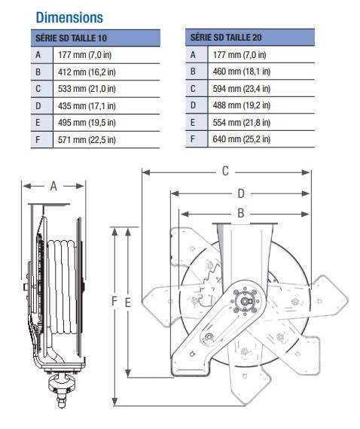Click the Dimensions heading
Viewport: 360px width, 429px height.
69,17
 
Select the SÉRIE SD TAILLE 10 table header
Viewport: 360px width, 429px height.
71,38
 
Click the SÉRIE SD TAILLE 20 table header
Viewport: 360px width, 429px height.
226,37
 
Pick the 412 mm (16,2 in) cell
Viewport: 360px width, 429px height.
87,72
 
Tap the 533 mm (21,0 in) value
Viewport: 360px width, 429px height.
87,89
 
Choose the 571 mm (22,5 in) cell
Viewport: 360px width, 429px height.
87,140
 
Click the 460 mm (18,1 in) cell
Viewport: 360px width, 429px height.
242,71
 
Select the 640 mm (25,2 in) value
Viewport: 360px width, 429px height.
242,139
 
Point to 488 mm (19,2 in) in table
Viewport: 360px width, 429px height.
242,105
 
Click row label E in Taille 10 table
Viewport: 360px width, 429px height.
38,123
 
